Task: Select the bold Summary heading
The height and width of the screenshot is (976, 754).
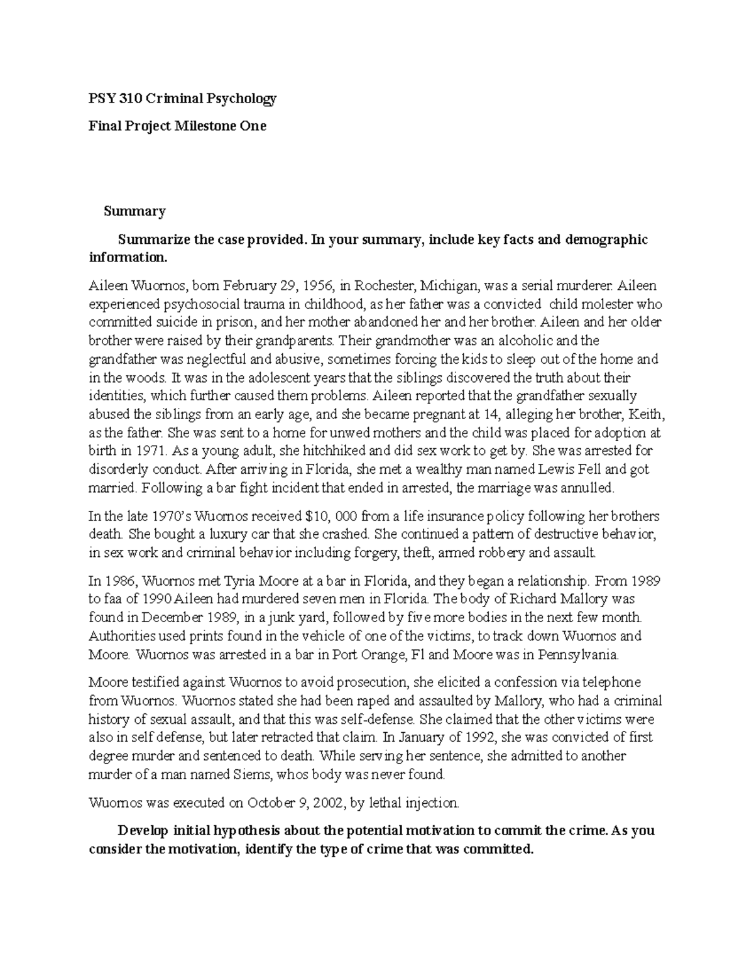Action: click(x=134, y=211)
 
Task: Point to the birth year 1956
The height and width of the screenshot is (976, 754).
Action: click(x=317, y=286)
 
